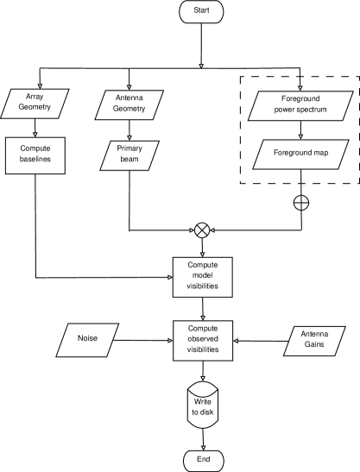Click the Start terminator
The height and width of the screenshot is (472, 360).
pos(201,11)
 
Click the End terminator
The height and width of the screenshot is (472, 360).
pos(204,461)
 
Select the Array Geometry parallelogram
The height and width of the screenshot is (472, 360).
pos(35,104)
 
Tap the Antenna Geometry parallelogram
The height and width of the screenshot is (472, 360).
pos(129,105)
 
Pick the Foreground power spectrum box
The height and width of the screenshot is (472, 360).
pos(300,105)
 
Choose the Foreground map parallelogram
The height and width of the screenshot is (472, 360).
pos(300,154)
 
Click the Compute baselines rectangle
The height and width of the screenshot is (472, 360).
pos(35,155)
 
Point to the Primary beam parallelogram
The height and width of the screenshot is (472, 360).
pos(129,155)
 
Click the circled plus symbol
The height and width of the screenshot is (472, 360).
pos(301,203)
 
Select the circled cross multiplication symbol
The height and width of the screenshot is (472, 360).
pos(202,230)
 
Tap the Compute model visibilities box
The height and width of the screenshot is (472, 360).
pos(202,277)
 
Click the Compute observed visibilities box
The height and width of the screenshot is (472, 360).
pos(203,341)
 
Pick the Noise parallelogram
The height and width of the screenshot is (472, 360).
pos(87,340)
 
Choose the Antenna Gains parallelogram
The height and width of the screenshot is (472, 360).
pos(314,341)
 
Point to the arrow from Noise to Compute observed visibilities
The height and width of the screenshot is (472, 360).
pos(142,341)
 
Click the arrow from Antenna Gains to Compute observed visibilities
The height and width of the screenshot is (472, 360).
pos(262,341)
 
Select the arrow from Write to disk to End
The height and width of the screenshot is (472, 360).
pos(203,439)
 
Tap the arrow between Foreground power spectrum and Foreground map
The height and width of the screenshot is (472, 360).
pos(300,130)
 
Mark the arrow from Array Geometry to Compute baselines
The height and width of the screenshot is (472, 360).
pos(35,128)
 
